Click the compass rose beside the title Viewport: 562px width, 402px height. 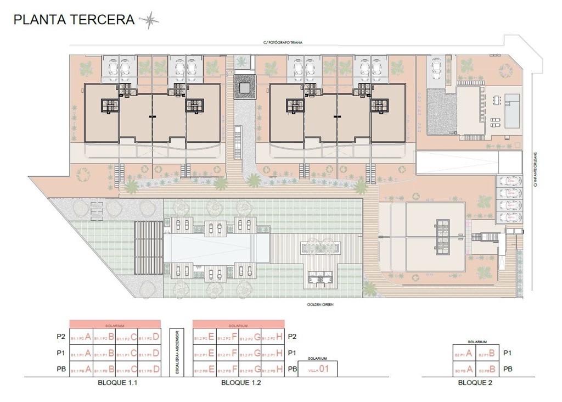(149, 20)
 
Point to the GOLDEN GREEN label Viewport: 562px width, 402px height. (321, 304)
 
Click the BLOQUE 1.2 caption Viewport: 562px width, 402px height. (240, 383)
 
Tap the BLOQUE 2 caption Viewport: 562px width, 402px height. (475, 383)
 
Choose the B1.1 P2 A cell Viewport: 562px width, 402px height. (81, 337)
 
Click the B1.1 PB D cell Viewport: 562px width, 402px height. (149, 370)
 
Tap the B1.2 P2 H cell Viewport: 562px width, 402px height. (272, 337)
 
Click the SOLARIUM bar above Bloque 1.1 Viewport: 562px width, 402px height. (115, 324)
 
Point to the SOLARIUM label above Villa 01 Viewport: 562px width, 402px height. (318, 358)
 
